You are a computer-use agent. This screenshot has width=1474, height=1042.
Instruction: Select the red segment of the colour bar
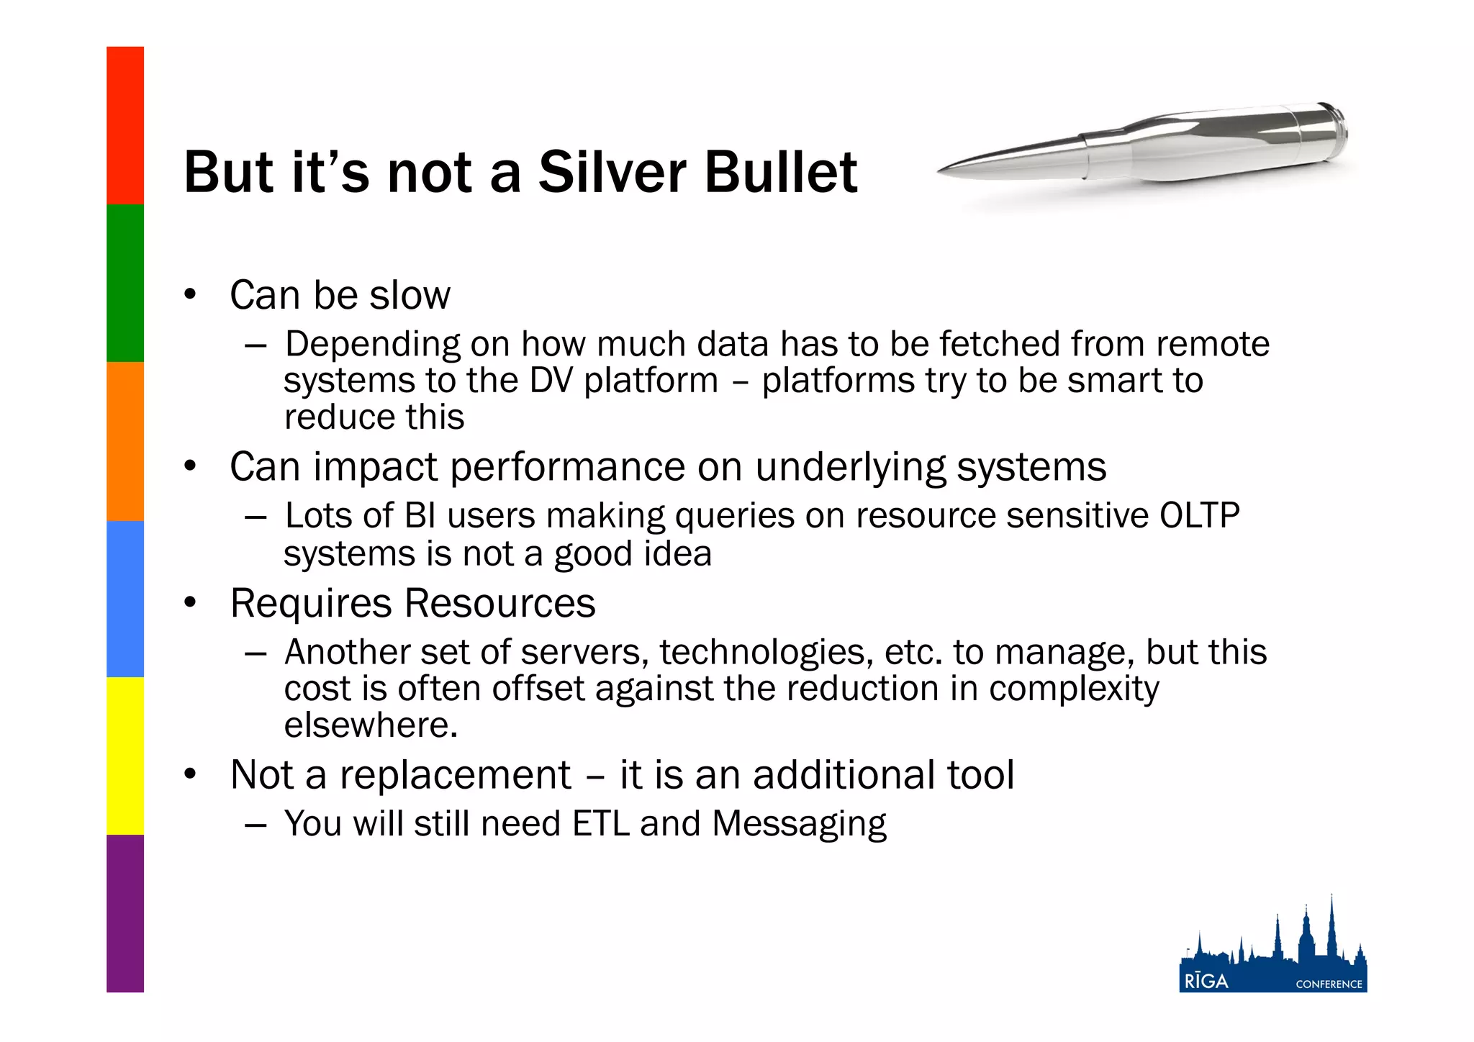pos(125,125)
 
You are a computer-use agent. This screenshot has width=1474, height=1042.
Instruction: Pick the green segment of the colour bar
pos(125,283)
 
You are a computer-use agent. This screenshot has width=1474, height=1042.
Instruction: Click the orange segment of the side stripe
pos(125,440)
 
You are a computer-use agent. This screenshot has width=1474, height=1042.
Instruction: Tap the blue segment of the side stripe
pos(125,599)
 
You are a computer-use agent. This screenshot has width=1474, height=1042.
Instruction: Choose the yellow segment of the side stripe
pos(125,756)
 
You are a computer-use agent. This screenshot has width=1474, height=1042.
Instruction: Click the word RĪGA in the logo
pos(1206,982)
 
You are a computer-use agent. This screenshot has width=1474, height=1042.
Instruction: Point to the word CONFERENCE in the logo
pos(1329,984)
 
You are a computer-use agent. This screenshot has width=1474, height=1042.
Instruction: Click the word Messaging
pos(799,825)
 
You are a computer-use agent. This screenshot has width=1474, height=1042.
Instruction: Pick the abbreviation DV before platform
pos(551,381)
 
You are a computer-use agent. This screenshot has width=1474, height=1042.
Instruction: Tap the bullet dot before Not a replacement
pos(190,774)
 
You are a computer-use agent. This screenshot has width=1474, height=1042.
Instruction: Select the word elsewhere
pos(371,725)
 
